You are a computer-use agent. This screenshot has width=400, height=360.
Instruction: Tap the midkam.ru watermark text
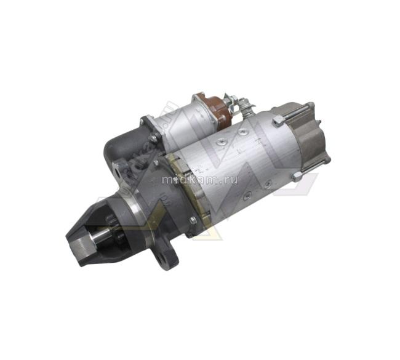[200, 180]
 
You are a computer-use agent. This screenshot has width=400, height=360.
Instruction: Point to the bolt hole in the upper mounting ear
[118, 174]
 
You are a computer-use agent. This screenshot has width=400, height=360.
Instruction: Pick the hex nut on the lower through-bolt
[297, 177]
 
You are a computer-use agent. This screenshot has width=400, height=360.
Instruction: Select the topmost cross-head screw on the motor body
[242, 132]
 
